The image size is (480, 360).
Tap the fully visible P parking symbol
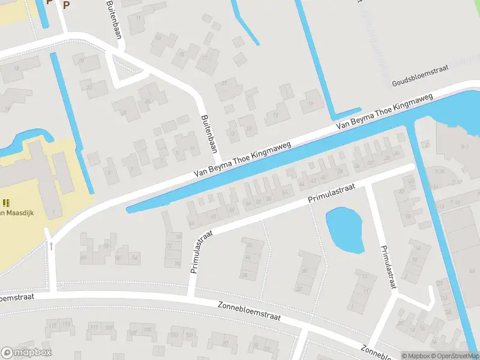click(66, 5)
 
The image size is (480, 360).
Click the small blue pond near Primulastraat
click(345, 231)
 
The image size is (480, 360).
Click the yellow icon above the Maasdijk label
click(7, 203)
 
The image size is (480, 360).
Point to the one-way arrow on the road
click(52, 245)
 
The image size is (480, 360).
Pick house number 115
click(53, 325)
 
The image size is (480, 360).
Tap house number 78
click(176, 264)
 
